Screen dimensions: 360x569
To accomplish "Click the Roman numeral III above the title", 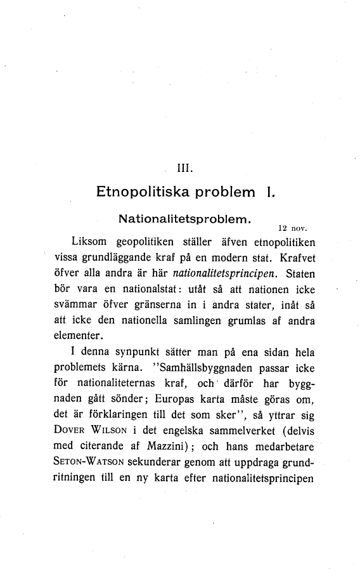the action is (184, 168).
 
